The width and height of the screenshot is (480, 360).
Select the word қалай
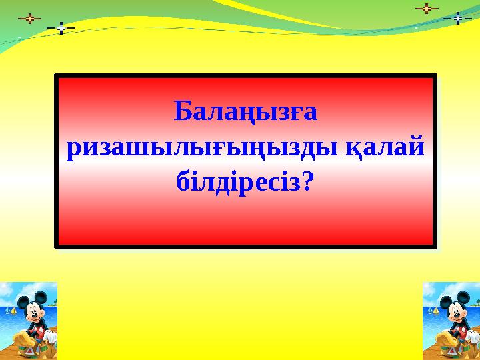[388, 147]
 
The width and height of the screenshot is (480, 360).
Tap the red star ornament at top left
[29, 19]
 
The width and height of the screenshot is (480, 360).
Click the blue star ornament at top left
[61, 28]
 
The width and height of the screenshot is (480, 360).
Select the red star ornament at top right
[427, 9]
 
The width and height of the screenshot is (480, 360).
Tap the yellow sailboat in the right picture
[435, 311]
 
